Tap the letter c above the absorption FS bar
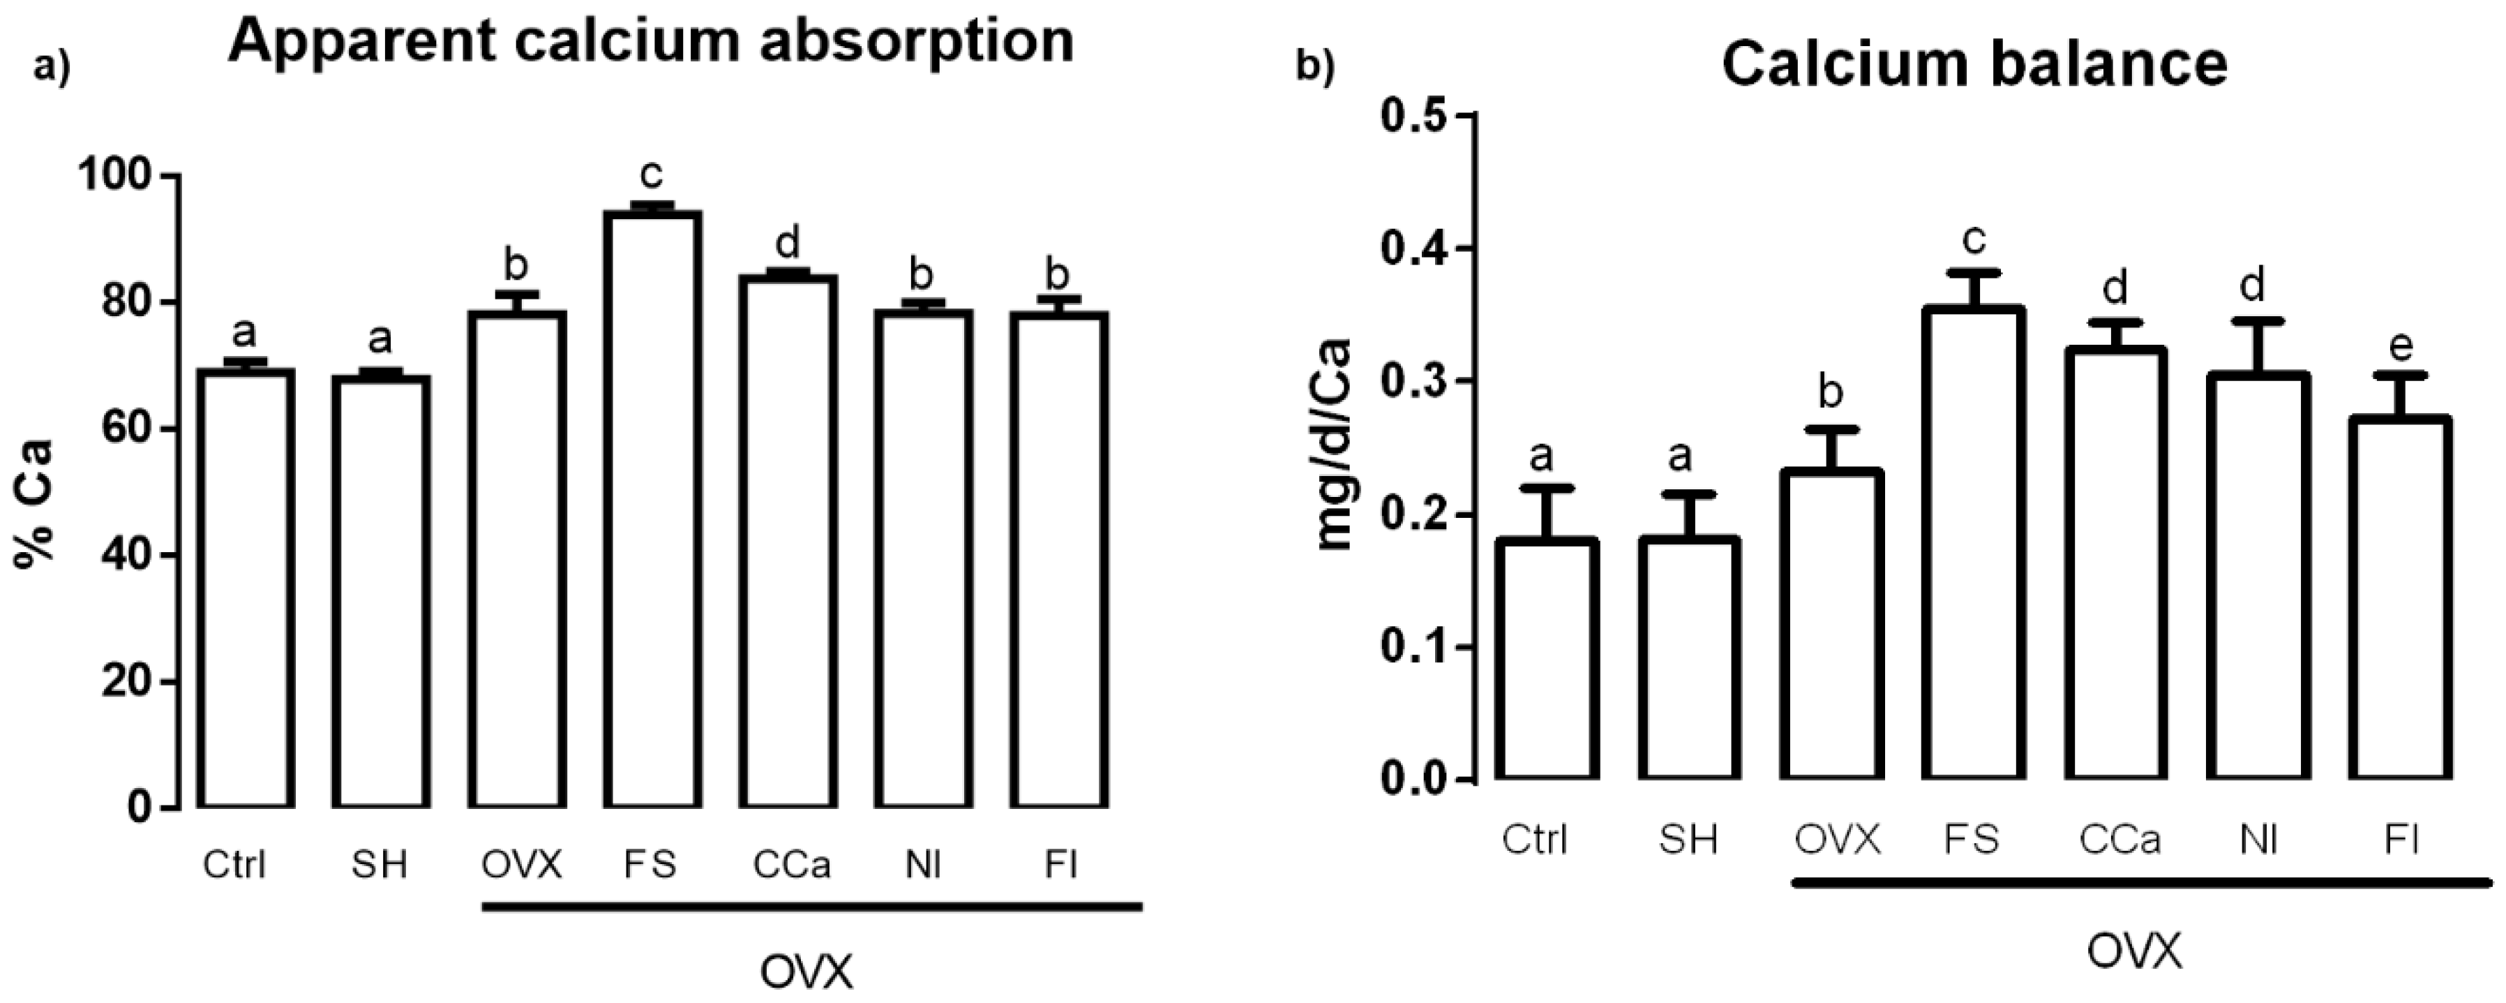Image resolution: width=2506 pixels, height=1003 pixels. (x=651, y=175)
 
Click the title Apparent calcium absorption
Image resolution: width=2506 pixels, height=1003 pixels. (x=650, y=41)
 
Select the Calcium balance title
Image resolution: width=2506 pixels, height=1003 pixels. (x=1975, y=64)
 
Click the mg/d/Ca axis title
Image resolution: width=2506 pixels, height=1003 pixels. (x=1335, y=445)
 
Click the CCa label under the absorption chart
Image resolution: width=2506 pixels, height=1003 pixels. (x=791, y=864)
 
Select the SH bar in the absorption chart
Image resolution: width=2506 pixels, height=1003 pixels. (x=380, y=591)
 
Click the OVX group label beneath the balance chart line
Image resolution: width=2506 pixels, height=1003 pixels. (x=2134, y=951)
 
